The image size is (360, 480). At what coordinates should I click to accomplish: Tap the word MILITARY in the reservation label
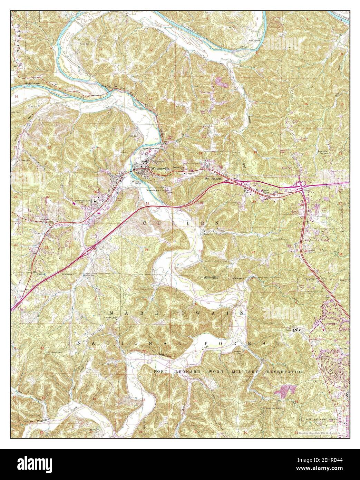(x=247, y=372)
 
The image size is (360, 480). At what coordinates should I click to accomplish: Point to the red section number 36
(x=146, y=250)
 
